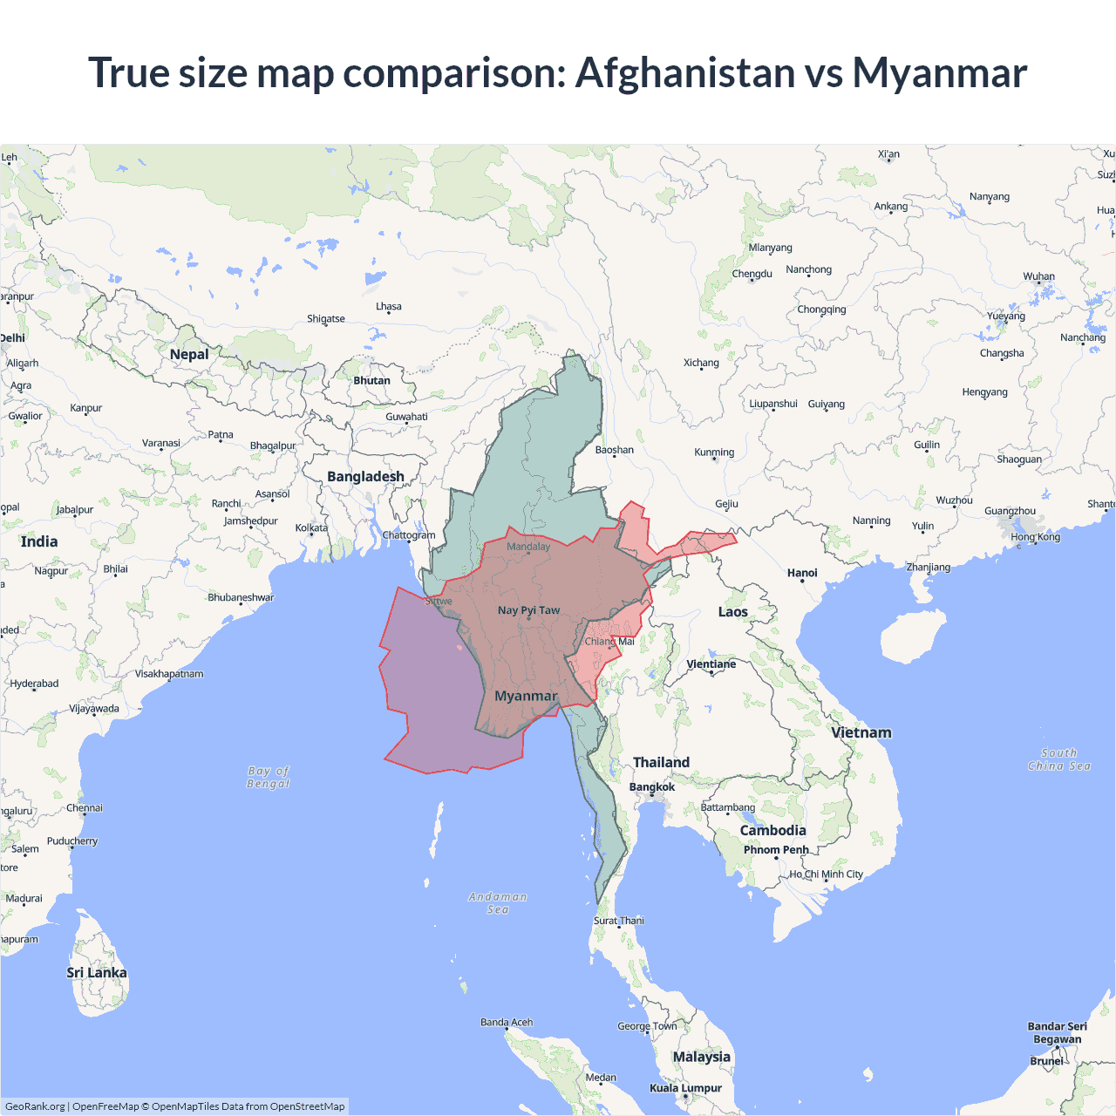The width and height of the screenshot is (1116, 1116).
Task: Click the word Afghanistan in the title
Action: [x=684, y=72]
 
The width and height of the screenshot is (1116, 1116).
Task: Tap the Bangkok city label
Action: [x=652, y=787]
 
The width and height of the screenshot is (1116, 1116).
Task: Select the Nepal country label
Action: [x=189, y=354]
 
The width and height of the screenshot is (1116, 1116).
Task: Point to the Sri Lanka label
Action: [x=97, y=973]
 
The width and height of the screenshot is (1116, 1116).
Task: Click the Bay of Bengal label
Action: [x=269, y=777]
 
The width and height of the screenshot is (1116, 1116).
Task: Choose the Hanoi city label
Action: [x=802, y=573]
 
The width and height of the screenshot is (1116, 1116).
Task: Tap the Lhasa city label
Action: [x=389, y=307]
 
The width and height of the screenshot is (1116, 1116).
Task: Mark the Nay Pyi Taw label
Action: [x=528, y=610]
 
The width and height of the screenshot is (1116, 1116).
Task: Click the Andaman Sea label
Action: [x=498, y=902]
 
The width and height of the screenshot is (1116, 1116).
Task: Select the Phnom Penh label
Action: [x=776, y=850]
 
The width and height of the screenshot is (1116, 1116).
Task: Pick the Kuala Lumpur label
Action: [x=685, y=1088]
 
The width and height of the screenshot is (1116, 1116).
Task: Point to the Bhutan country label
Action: [x=371, y=381]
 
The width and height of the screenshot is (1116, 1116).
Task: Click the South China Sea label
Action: [x=1058, y=759]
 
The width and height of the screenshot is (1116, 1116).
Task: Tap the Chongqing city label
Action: [x=821, y=310]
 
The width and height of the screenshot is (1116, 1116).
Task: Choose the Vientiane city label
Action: [x=711, y=664]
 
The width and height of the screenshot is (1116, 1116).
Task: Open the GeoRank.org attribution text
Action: [x=35, y=1106]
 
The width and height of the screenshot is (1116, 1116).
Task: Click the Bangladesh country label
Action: [x=365, y=477]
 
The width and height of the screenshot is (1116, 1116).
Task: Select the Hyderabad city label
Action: [x=35, y=684]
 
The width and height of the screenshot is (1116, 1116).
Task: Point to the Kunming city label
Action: [x=714, y=453]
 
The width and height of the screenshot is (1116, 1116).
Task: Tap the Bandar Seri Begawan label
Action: [x=1057, y=1032]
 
